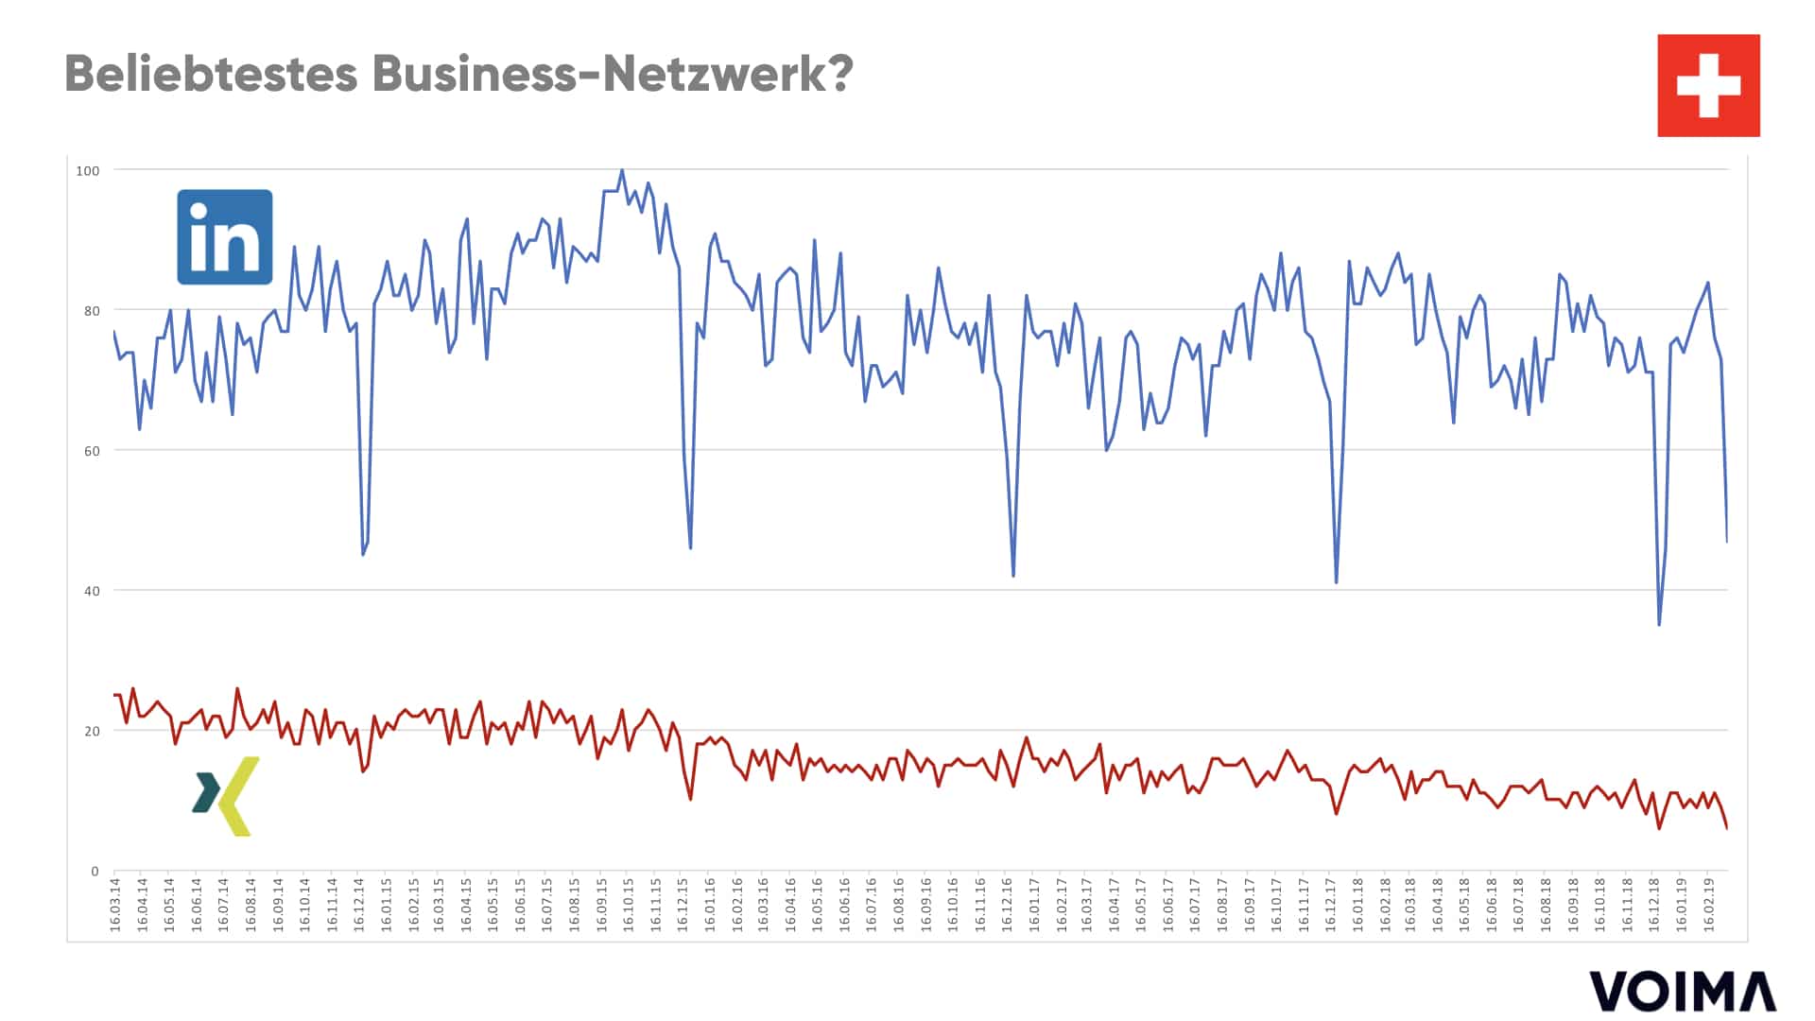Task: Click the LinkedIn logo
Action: (x=225, y=237)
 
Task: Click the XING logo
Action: (x=226, y=796)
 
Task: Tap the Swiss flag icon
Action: (x=1708, y=85)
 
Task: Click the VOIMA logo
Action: (x=1683, y=991)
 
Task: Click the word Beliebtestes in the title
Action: (x=211, y=73)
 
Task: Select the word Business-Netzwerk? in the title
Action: (x=613, y=73)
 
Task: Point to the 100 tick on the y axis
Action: (x=87, y=171)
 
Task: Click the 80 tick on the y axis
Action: (x=91, y=311)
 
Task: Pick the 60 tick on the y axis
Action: (x=91, y=451)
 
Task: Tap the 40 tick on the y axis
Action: (x=91, y=591)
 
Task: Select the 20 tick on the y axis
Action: (x=91, y=731)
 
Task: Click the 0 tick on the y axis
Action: (x=95, y=872)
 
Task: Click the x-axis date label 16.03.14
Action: (x=115, y=905)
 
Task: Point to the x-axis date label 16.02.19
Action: (x=1708, y=905)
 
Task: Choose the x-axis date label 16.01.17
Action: (x=1034, y=905)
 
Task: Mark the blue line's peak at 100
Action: (x=621, y=171)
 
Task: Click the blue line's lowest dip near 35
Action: (x=1659, y=624)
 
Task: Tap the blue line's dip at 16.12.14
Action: (x=363, y=554)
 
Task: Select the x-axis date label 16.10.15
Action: (x=629, y=905)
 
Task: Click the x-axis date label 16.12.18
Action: (x=1654, y=905)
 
